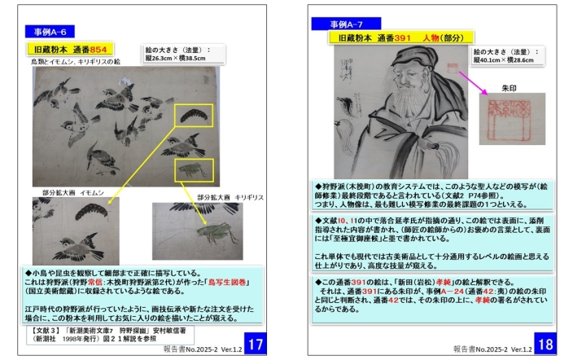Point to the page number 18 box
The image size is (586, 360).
pyautogui.click(x=544, y=344)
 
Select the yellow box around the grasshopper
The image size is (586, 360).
pyautogui.click(x=195, y=170)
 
